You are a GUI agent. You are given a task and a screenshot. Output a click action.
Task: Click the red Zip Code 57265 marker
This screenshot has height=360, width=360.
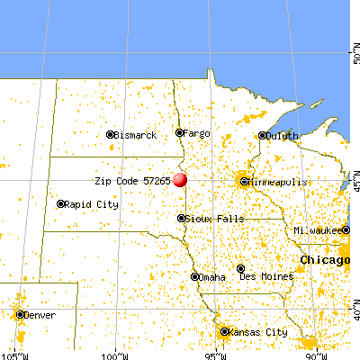[x=181, y=180]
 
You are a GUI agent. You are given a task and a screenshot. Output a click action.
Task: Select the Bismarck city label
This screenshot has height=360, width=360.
[x=136, y=135]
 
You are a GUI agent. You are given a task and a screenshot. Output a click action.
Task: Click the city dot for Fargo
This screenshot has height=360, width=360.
[x=179, y=133]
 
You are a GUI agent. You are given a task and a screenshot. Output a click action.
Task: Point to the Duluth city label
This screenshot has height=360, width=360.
[x=283, y=136]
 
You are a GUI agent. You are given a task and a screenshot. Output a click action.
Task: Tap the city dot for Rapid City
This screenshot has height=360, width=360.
[x=61, y=203]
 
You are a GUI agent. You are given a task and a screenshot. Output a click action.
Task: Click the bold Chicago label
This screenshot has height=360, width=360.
[x=325, y=259]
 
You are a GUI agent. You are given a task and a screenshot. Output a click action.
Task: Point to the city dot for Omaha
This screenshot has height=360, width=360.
[x=194, y=276]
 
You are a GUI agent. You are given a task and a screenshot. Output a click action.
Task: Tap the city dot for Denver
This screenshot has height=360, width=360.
[x=20, y=314]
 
